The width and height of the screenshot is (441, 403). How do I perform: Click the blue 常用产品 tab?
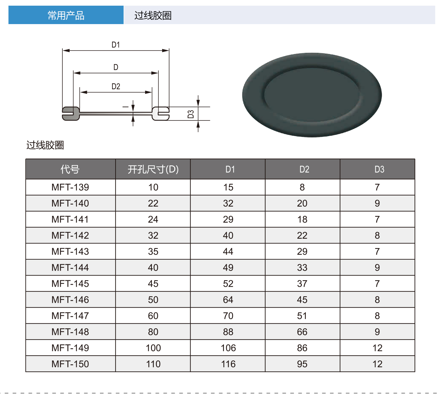66,15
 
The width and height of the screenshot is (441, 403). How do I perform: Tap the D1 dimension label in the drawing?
116,45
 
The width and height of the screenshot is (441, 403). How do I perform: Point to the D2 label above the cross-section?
116,86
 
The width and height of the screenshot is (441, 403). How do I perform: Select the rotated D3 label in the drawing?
191,114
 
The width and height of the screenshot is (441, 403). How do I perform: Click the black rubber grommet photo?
312,95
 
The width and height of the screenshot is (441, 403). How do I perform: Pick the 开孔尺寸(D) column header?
153,169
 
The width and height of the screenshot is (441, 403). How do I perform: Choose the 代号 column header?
70,169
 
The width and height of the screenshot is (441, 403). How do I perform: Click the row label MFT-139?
70,187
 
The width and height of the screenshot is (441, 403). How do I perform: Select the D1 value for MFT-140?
228,203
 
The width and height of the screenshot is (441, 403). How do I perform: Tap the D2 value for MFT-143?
302,251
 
